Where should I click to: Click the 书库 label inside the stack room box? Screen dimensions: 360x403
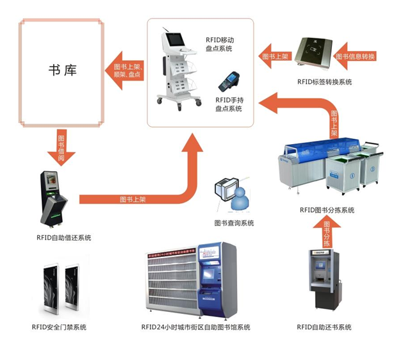(x=62, y=70)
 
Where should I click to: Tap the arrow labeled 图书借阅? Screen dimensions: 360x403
(x=62, y=147)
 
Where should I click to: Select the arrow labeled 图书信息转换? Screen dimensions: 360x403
(x=359, y=57)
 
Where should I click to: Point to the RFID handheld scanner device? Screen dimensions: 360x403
(x=227, y=83)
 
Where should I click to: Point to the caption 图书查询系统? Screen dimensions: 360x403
(x=234, y=223)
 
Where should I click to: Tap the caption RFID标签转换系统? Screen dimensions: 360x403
(x=324, y=82)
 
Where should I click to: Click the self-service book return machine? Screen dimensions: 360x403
(x=325, y=281)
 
